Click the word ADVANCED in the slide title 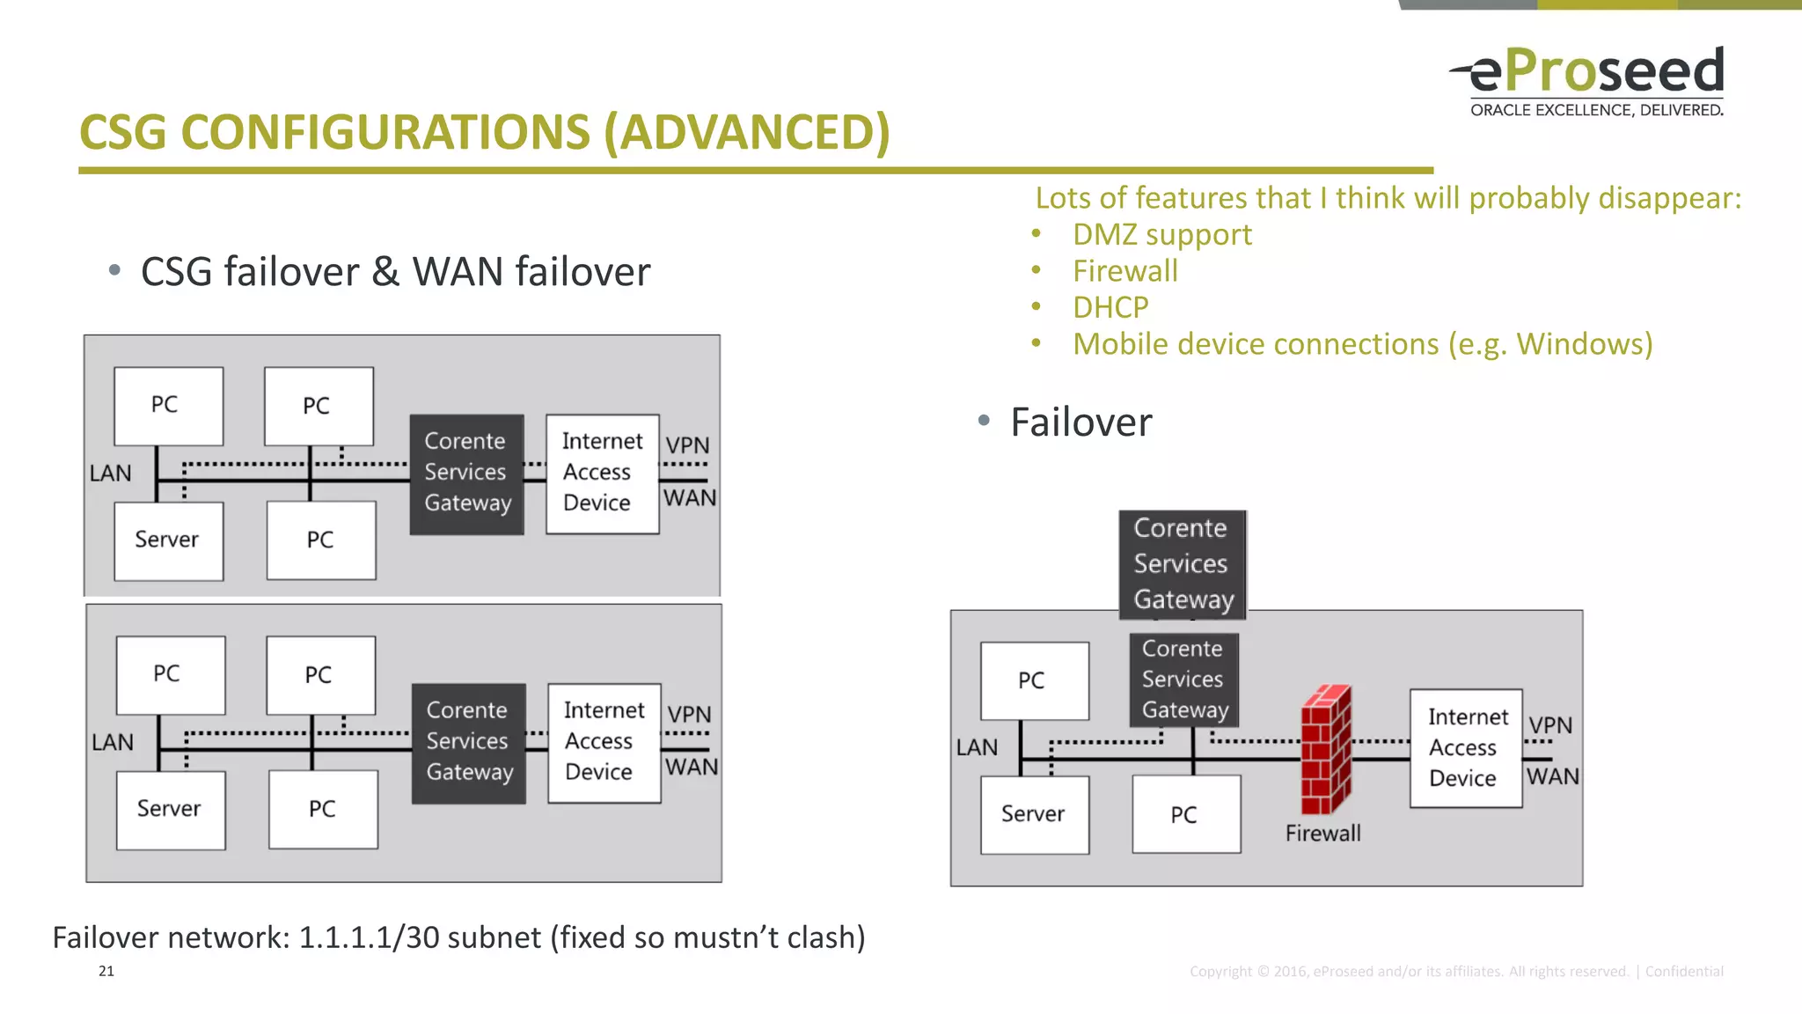(747, 133)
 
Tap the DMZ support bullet (1161, 235)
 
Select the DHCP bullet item (1110, 308)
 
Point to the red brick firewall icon (1325, 749)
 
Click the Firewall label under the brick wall (1322, 834)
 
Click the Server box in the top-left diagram (168, 540)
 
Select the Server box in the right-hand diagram (1034, 814)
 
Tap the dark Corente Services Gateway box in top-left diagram (467, 474)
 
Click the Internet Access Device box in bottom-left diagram (604, 742)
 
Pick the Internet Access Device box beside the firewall (1465, 748)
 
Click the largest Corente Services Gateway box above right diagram (1182, 564)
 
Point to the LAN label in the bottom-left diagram (113, 743)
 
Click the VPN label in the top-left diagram (687, 445)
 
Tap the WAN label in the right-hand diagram (1552, 777)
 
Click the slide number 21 (106, 971)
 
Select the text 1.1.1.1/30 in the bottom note (369, 938)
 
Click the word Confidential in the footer (1683, 972)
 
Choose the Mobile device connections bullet (1362, 345)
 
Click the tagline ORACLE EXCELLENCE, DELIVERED (1596, 111)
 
